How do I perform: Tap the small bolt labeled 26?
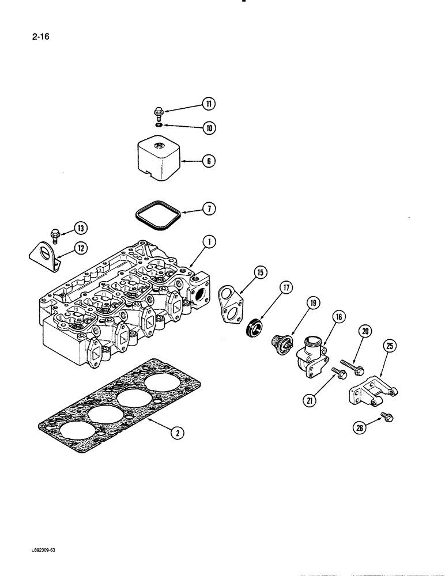coord(385,416)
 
